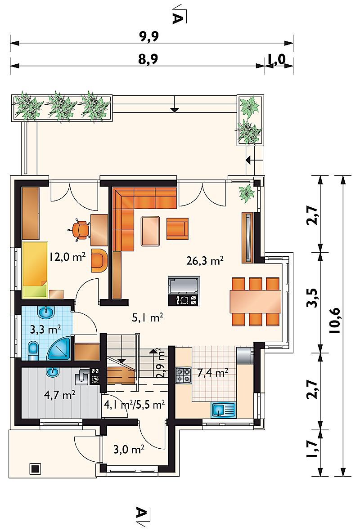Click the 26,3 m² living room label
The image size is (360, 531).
[x=205, y=261]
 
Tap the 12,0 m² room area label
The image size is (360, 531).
[x=67, y=257]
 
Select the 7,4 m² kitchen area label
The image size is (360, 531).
[x=212, y=373]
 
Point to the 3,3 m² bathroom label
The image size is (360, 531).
[x=45, y=330]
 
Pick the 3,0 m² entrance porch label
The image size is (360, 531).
[x=129, y=449]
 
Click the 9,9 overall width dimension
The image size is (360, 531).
[x=149, y=36]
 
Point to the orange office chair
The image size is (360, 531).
[x=80, y=229]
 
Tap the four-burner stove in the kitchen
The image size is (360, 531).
[x=184, y=375]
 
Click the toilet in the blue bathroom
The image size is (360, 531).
[x=33, y=351]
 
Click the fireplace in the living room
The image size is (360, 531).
[x=184, y=290]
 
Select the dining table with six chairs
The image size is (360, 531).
[x=256, y=301]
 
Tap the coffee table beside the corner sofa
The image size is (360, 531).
[x=150, y=231]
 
